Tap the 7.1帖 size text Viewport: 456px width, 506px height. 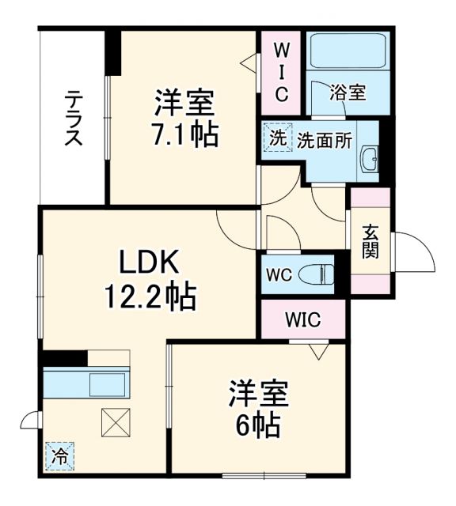pos(185,134)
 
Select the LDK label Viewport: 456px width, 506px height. pos(151,260)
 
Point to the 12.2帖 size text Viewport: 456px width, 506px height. pos(150,296)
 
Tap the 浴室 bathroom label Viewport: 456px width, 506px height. pos(348,93)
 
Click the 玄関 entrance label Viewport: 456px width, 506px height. pos(370,241)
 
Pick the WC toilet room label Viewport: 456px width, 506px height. pos(279,275)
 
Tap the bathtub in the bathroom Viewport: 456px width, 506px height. pos(348,52)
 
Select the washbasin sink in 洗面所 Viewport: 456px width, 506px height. pos(369,160)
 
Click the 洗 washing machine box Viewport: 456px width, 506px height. pos(277,139)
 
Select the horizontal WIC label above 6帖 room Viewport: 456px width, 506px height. pos(303,320)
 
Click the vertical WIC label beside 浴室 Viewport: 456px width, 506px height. pos(280,71)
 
